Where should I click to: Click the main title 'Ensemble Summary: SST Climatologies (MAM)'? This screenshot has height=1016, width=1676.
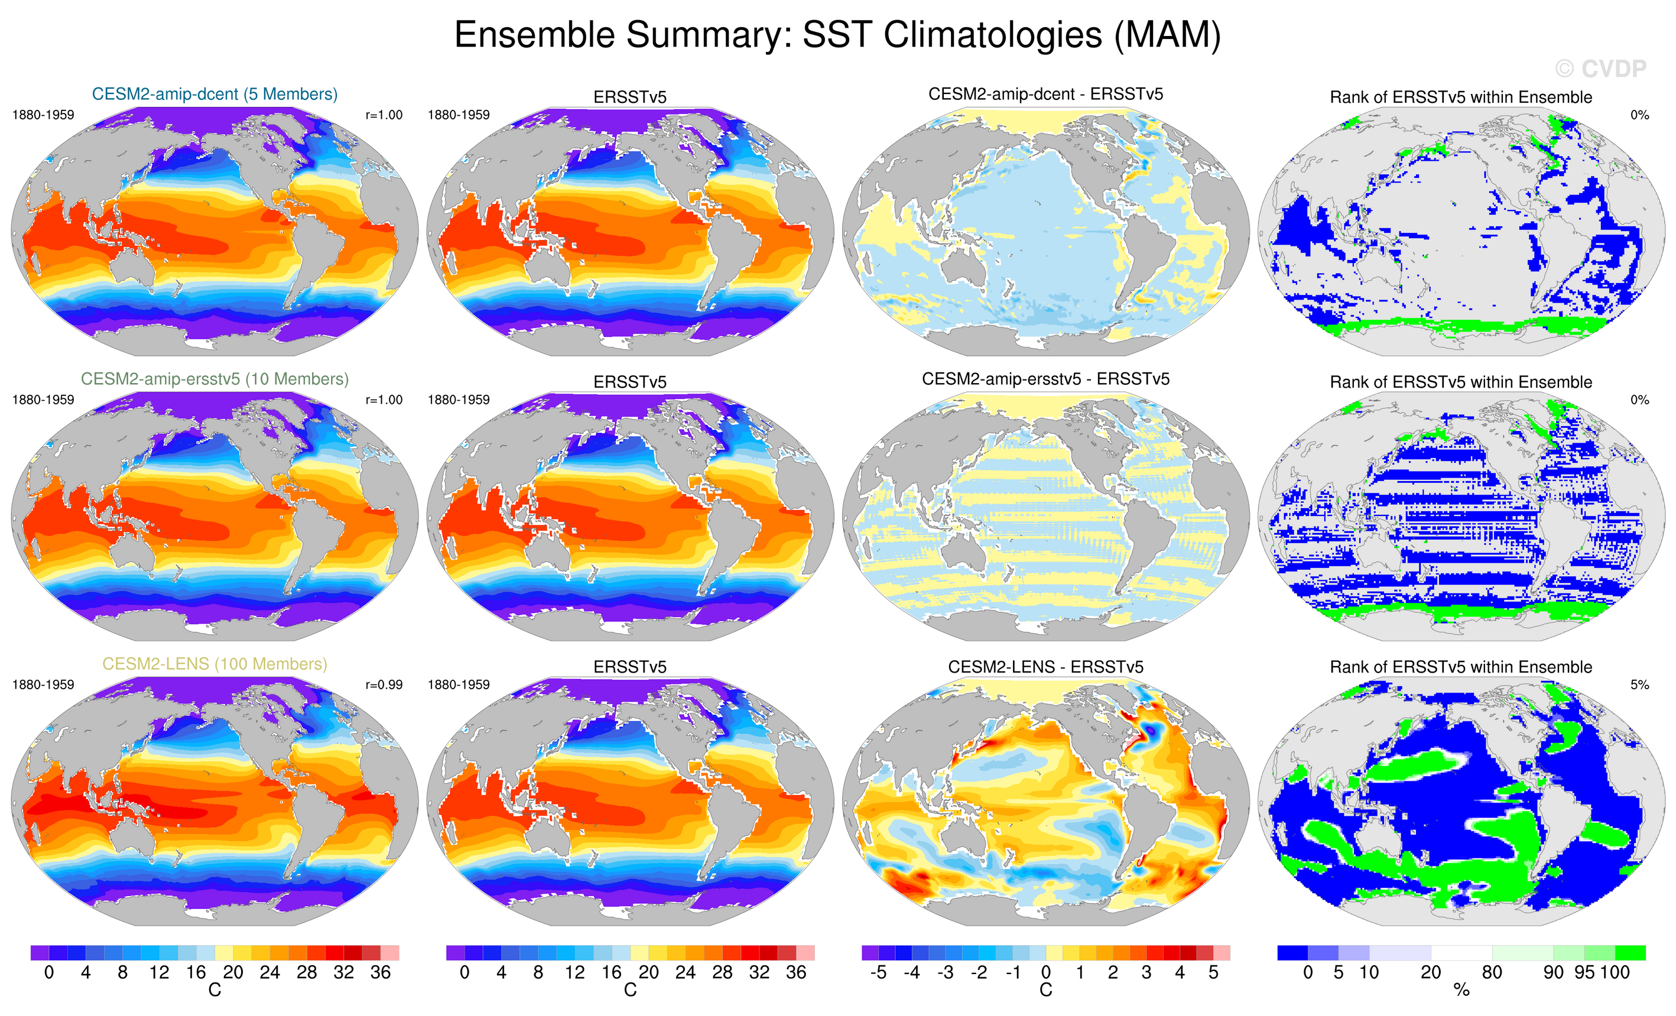[x=837, y=35]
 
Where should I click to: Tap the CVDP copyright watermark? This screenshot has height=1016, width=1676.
[x=1600, y=69]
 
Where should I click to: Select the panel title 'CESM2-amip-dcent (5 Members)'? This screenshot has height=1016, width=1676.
[x=215, y=94]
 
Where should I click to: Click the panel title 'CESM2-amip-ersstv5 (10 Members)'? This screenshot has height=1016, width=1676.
[x=215, y=379]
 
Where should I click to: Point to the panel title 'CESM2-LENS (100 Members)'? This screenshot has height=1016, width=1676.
[x=215, y=664]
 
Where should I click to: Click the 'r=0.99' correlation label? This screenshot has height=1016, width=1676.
[x=384, y=685]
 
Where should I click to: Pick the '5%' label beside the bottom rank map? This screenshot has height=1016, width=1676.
[x=1639, y=685]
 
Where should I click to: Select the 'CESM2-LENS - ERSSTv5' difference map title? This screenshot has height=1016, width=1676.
[x=1045, y=667]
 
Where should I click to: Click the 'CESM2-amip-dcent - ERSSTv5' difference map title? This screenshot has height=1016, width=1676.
[x=1045, y=94]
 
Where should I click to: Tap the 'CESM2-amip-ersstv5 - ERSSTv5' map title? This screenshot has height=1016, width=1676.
[x=1045, y=379]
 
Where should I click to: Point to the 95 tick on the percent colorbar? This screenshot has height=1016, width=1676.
[x=1584, y=972]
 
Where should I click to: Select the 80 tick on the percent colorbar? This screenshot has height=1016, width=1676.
[x=1492, y=972]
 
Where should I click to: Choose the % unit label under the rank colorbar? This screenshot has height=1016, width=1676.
[x=1461, y=991]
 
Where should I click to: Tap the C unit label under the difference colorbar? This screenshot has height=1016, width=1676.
[x=1045, y=990]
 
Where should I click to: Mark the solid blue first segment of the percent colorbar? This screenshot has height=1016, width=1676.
[x=1292, y=953]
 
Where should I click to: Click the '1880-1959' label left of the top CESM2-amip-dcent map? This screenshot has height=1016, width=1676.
[x=43, y=115]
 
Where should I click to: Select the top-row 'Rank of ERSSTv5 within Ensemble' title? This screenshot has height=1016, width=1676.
[x=1460, y=98]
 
